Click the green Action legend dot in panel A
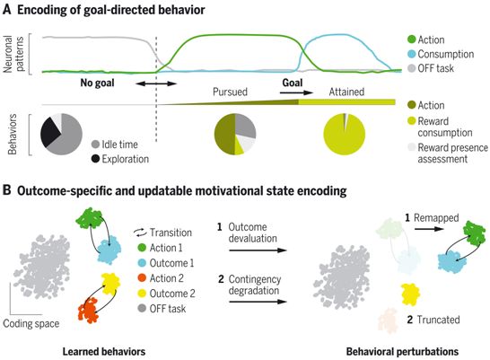412,40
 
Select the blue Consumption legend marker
412,54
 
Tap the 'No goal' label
97,83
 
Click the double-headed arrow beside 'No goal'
156,83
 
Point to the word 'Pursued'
230,92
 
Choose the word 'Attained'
346,92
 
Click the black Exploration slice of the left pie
49,131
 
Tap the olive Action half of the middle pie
225,134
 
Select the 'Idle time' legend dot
95,145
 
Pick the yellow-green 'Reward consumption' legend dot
412,121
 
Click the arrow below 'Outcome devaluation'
258,250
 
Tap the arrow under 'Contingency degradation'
258,302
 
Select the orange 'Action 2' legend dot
142,277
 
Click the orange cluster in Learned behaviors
89,310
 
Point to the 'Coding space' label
31,323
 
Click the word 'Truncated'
439,320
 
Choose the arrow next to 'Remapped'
429,229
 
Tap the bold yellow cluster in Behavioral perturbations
410,294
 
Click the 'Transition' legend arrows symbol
140,233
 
